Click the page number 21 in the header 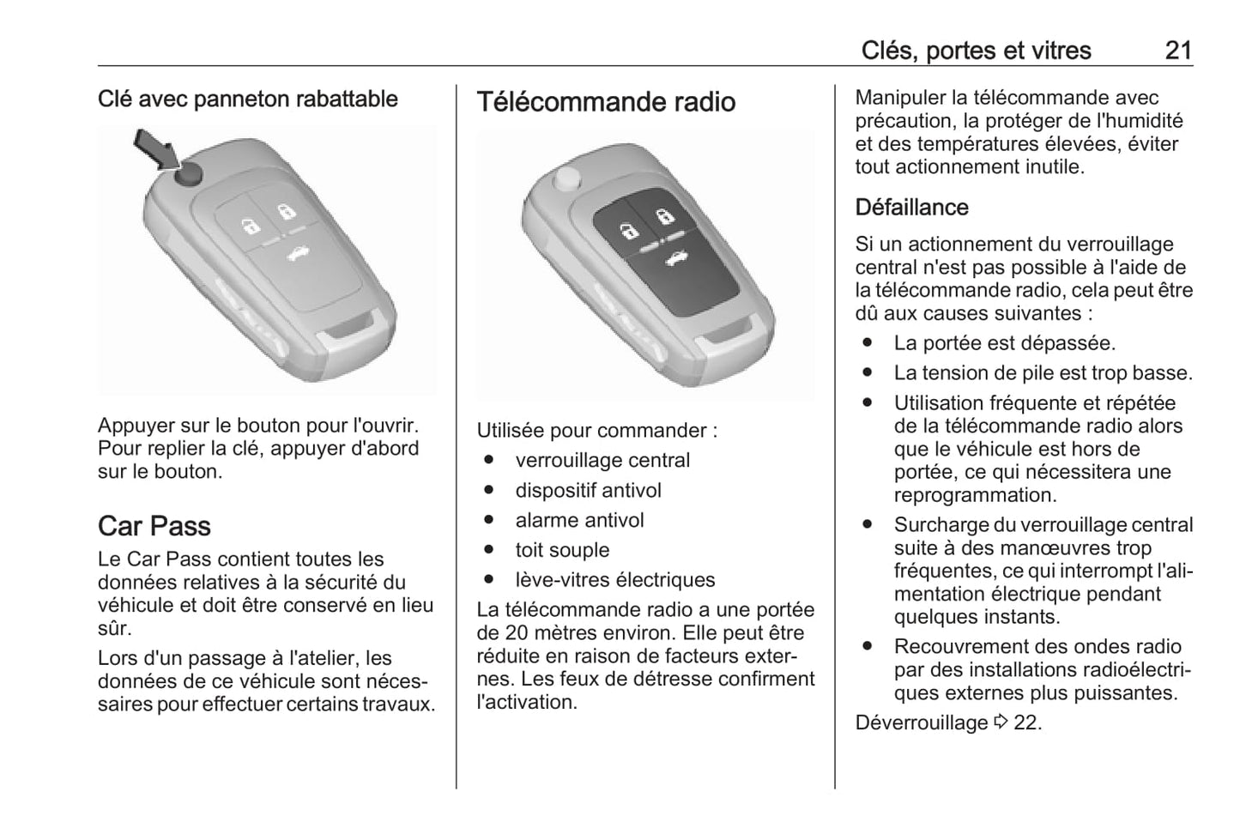click(1178, 51)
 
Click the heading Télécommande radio click(606, 102)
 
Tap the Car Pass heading click(154, 526)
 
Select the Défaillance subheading click(911, 208)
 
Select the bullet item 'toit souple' click(562, 550)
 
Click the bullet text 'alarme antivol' click(579, 520)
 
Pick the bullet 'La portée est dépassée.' click(1004, 343)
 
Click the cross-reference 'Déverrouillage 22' click(948, 722)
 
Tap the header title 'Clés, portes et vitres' click(976, 51)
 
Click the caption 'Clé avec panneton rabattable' click(248, 100)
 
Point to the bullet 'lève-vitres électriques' click(614, 580)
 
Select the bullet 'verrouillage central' click(602, 461)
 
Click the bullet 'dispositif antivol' click(588, 491)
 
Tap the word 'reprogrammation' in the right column click(975, 495)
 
